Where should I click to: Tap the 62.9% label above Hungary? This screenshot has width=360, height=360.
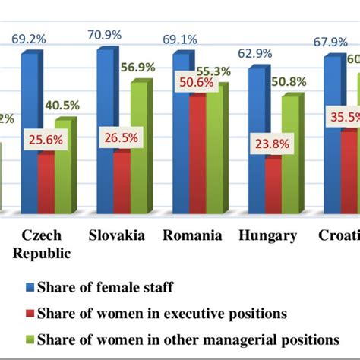point(260,53)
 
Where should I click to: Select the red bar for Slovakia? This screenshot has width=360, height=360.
point(122,182)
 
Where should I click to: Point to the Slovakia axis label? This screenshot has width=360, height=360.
point(117,235)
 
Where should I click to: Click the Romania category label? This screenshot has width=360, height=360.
point(193,235)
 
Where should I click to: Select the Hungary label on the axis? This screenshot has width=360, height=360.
point(267,235)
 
